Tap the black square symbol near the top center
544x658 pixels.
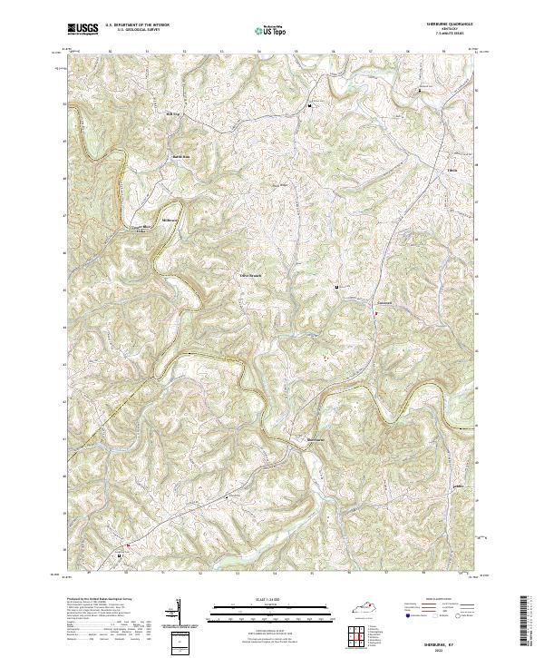pyautogui.click(x=311, y=105)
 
